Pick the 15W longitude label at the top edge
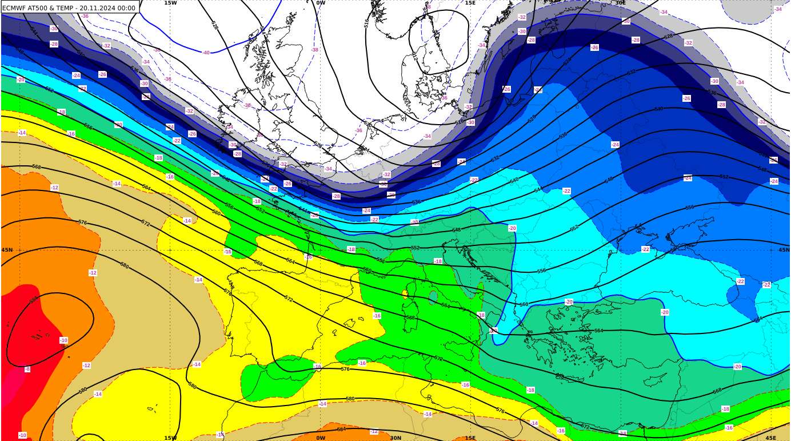click(x=170, y=3)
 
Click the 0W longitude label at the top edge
click(x=321, y=3)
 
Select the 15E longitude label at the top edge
click(x=470, y=3)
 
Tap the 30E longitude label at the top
click(x=620, y=3)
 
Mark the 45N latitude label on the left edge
click(x=7, y=250)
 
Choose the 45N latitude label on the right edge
click(x=784, y=250)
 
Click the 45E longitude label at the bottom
click(x=770, y=438)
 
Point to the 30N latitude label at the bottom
click(x=395, y=438)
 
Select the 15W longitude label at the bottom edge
click(x=170, y=438)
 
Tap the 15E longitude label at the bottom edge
click(x=470, y=438)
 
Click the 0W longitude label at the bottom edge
click(x=321, y=438)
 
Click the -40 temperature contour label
click(x=206, y=53)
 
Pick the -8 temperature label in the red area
click(x=27, y=369)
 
